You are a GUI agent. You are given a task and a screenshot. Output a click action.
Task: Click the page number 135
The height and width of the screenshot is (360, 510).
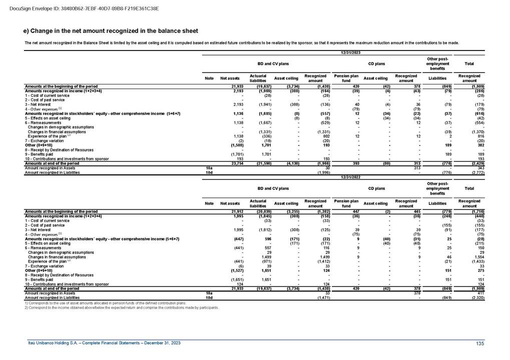tap(480, 342)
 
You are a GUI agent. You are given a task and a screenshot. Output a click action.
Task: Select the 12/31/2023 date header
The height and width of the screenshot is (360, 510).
tap(350, 52)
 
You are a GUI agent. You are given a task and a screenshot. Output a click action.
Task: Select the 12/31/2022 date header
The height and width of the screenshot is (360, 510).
tap(350, 176)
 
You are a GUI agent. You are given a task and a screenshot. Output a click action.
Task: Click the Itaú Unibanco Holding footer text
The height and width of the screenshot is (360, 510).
tap(104, 342)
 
